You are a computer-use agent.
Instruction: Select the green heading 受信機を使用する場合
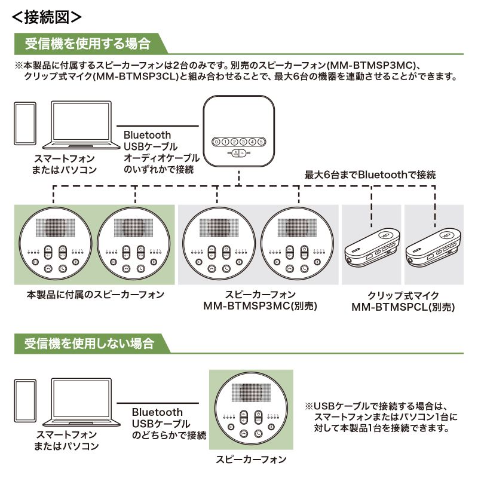pos(87,44)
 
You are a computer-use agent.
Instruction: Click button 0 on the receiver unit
pos(216,142)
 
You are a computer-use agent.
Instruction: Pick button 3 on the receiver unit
pos(243,142)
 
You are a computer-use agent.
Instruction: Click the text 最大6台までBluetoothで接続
pos(370,175)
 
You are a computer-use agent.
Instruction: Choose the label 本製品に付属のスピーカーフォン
pos(95,295)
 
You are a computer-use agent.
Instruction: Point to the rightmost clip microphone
pos(433,244)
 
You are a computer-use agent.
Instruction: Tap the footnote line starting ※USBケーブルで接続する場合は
pos(380,405)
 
